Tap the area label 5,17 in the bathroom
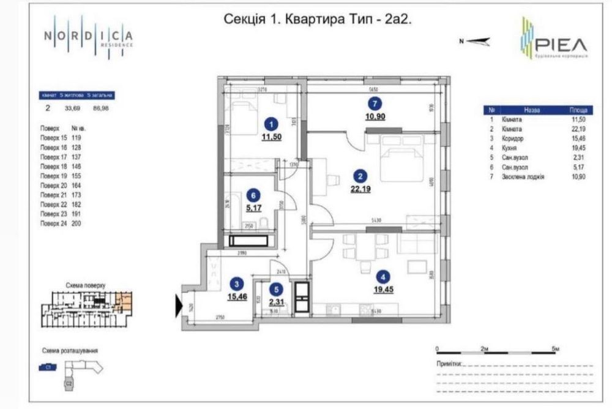coord(253,208)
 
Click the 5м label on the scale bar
coord(554,348)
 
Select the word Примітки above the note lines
coord(449,363)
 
